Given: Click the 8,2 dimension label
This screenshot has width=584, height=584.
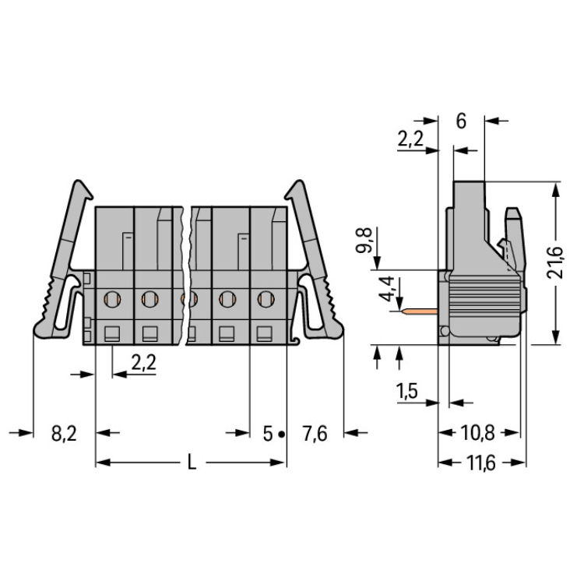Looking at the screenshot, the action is (x=64, y=434).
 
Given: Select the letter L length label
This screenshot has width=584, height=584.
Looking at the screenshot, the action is (x=192, y=463).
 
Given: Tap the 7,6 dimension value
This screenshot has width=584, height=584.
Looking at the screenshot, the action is (x=315, y=434).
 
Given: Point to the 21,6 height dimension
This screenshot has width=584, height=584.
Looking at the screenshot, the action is (x=554, y=262).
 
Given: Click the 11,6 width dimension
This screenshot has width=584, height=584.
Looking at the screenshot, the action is (x=481, y=463).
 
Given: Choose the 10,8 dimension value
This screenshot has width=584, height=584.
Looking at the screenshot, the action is (x=477, y=433).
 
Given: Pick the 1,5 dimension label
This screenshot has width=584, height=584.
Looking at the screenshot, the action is (x=406, y=391).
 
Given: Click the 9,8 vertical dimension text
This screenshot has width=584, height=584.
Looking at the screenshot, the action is (x=364, y=241).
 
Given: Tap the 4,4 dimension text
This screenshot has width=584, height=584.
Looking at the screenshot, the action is (x=386, y=289).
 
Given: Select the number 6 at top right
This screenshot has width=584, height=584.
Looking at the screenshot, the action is (x=461, y=121).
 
